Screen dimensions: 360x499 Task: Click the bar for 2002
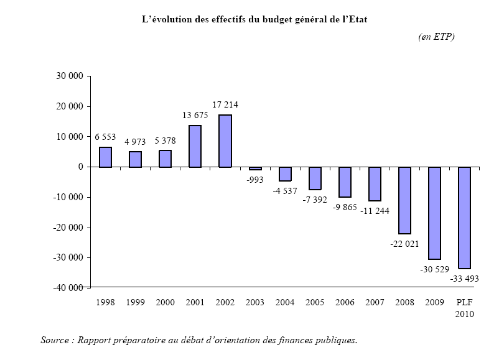pyautogui.click(x=225, y=141)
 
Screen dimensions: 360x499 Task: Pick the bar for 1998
pyautogui.click(x=105, y=157)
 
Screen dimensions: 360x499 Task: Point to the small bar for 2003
pyautogui.click(x=255, y=168)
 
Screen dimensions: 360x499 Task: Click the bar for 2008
pyautogui.click(x=404, y=200)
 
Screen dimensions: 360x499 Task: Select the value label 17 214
pyautogui.click(x=225, y=104)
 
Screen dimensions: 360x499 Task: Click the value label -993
pyautogui.click(x=256, y=179)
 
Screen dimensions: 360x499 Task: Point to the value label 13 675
pyautogui.click(x=195, y=115)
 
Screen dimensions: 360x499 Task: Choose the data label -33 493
pyautogui.click(x=464, y=278)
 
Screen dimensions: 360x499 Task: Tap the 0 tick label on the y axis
pyautogui.click(x=81, y=167)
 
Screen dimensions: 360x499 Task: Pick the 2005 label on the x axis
pyautogui.click(x=315, y=303)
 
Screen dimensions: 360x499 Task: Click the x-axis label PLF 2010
pyautogui.click(x=464, y=308)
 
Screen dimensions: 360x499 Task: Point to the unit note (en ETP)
pyautogui.click(x=436, y=37)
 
